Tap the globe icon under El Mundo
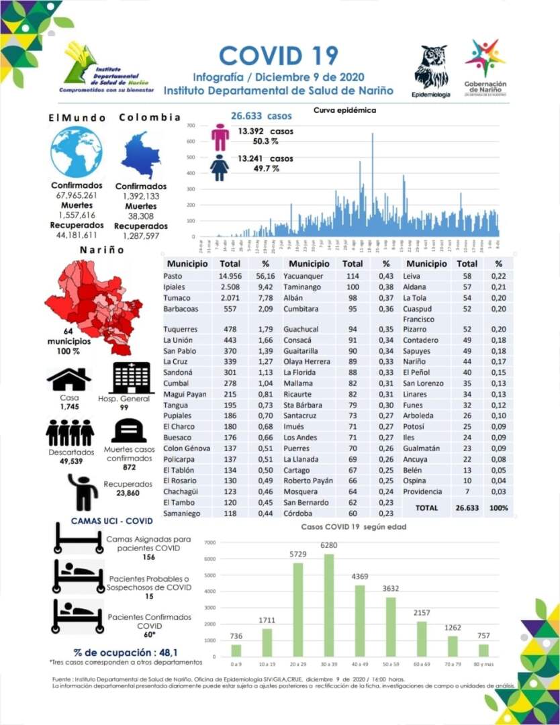77,152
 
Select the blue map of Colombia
141,155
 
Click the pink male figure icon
220,136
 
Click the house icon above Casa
68,379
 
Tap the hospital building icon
132,378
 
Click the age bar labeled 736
236,650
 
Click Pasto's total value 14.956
230,276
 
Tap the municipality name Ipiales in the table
175,287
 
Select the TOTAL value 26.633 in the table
467,508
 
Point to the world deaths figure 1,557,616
76,215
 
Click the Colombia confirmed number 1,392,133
141,196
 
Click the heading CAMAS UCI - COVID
111,521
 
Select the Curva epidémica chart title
344,110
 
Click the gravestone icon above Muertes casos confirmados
128,431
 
